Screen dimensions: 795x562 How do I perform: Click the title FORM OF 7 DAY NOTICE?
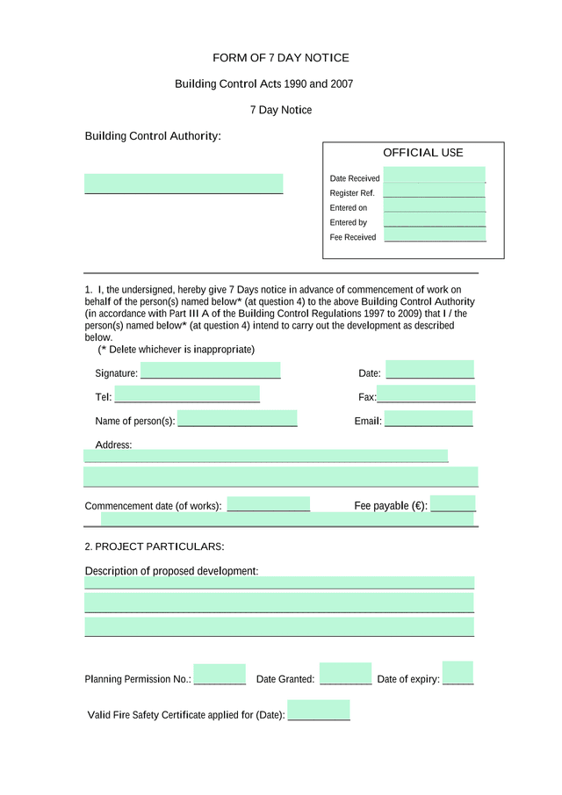280,58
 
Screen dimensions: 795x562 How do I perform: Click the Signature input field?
210,370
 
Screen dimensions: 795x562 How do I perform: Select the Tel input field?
186,394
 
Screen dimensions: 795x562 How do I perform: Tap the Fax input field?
426,394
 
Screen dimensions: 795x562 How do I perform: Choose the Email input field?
429,418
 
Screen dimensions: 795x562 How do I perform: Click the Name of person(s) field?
237,418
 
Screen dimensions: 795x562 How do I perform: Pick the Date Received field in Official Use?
434,175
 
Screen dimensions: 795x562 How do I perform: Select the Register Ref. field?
434,191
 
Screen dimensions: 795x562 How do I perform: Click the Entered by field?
434,220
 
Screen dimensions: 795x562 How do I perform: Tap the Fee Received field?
434,235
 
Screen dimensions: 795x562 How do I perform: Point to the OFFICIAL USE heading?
422,153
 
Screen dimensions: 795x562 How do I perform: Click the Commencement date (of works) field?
268,504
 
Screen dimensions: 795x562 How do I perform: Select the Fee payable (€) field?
453,503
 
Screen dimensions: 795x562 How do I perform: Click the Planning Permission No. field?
220,674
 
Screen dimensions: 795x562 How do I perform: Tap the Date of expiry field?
458,672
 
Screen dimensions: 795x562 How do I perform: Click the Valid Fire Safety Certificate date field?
319,710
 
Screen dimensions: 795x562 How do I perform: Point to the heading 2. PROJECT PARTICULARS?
155,546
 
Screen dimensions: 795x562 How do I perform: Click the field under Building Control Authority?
184,184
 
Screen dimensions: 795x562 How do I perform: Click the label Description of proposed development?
171,571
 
